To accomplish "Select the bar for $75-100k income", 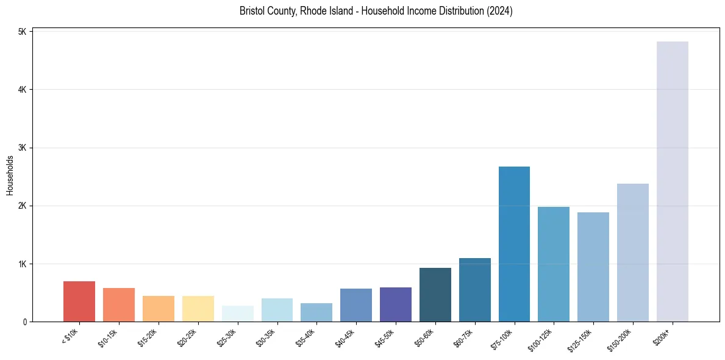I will point(514,244).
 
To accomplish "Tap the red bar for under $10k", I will point(79,301).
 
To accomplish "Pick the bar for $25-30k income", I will point(237,314).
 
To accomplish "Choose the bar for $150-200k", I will point(632,253).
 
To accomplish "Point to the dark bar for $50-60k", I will point(435,295).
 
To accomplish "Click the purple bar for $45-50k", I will point(395,304).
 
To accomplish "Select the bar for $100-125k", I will point(553,264).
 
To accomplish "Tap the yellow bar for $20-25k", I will point(198,309).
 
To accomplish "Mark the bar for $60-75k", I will point(474,290).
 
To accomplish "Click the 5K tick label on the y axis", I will point(21,32).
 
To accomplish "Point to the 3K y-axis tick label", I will point(21,148).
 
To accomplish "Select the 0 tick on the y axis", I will point(24,322).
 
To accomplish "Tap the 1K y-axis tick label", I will point(21,264).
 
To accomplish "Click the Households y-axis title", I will point(10,175).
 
